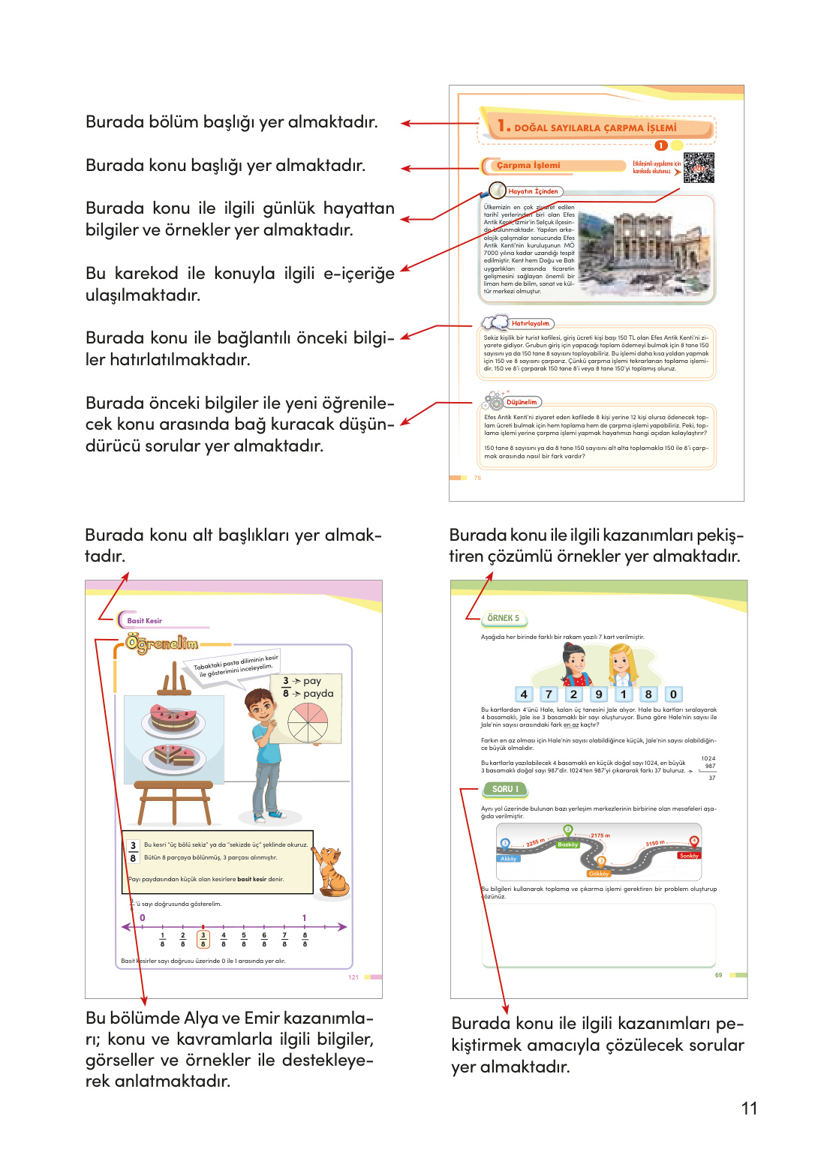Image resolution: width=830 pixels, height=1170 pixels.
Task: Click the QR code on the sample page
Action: pyautogui.click(x=699, y=167)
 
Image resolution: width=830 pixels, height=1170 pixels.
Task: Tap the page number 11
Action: pyautogui.click(x=749, y=1108)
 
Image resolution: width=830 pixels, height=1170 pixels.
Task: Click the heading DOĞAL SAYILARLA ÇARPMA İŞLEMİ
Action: pyautogui.click(x=594, y=128)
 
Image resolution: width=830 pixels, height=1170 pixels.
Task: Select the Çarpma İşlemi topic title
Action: pyautogui.click(x=528, y=166)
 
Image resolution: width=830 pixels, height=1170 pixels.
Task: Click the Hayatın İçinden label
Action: pyautogui.click(x=533, y=191)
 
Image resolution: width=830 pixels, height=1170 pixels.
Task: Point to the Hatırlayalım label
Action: pyautogui.click(x=530, y=323)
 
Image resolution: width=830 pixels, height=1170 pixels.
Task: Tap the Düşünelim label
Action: pyautogui.click(x=522, y=402)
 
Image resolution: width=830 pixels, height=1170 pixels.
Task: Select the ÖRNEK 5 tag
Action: pyautogui.click(x=503, y=618)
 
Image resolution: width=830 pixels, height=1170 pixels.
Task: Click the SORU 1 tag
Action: pyautogui.click(x=504, y=789)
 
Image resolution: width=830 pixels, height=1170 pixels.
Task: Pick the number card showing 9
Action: pyautogui.click(x=598, y=694)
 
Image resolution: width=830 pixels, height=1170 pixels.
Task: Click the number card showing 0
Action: pyautogui.click(x=673, y=694)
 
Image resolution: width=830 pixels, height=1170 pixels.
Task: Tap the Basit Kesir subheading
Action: pyautogui.click(x=144, y=621)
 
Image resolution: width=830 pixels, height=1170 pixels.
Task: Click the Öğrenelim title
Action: pyautogui.click(x=162, y=643)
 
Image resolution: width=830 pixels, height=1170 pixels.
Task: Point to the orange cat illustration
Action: pyautogui.click(x=331, y=871)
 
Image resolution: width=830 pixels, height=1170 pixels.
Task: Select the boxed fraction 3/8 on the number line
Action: pyautogui.click(x=203, y=939)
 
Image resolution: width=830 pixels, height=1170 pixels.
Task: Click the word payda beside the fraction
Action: pyautogui.click(x=318, y=694)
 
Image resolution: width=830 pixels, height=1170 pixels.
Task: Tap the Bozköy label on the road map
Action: pyautogui.click(x=568, y=844)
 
